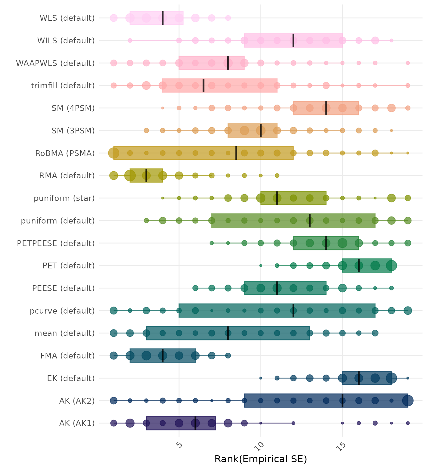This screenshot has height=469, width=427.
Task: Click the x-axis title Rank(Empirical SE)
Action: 260,459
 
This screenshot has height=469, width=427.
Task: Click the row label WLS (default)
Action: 67,18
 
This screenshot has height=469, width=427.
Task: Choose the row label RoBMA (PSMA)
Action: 65,153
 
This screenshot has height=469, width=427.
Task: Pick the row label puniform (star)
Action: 64,198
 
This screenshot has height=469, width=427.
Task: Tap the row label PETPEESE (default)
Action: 56,243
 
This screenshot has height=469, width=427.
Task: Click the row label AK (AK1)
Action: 77,423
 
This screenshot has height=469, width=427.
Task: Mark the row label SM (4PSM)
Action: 73,108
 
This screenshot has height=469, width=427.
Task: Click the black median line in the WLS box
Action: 163,18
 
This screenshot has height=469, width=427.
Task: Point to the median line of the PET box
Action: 359,266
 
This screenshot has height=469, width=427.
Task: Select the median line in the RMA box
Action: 146,176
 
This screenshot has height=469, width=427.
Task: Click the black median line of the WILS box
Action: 293,41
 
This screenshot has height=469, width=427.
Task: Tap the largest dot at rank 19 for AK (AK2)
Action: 408,401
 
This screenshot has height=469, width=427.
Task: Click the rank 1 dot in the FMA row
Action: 114,355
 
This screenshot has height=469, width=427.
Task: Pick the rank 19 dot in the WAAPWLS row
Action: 408,63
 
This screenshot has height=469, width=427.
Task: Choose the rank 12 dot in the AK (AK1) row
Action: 293,423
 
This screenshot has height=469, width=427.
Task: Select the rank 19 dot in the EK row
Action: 408,378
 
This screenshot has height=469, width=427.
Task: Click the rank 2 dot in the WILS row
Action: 130,41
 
